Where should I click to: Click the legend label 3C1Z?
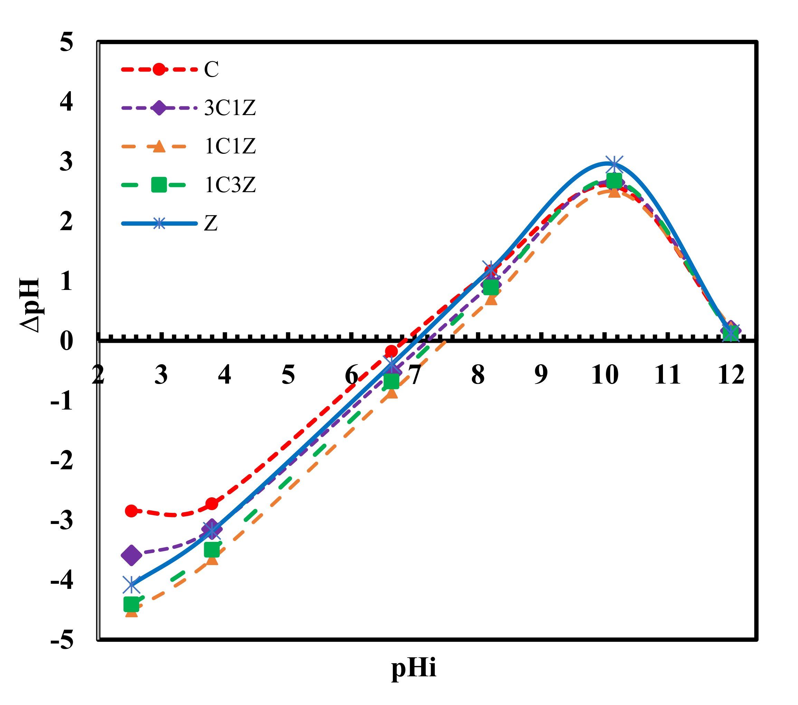[230, 108]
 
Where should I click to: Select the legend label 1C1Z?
[230, 147]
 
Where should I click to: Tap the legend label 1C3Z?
[230, 185]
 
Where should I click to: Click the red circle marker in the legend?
[159, 69]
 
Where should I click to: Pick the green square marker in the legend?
[159, 185]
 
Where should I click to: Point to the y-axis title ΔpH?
[30, 305]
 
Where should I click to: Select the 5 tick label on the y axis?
[66, 42]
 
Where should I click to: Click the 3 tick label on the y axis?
[66, 162]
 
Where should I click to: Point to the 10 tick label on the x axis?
[605, 375]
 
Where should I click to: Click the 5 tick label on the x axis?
[288, 375]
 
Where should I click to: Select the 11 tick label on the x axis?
[668, 375]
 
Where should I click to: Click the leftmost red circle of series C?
[132, 510]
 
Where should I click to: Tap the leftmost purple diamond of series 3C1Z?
[132, 555]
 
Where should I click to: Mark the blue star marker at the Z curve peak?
[614, 165]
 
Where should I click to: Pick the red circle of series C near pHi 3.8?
[212, 504]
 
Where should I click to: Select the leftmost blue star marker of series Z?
[132, 585]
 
